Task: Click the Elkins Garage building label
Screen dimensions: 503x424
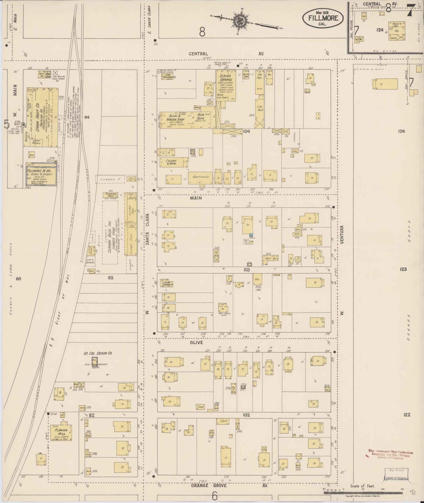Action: pos(226,78)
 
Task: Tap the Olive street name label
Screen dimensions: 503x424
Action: pos(196,343)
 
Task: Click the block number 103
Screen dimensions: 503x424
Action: pos(246,270)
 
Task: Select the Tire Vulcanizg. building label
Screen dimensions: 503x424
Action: pos(168,76)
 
